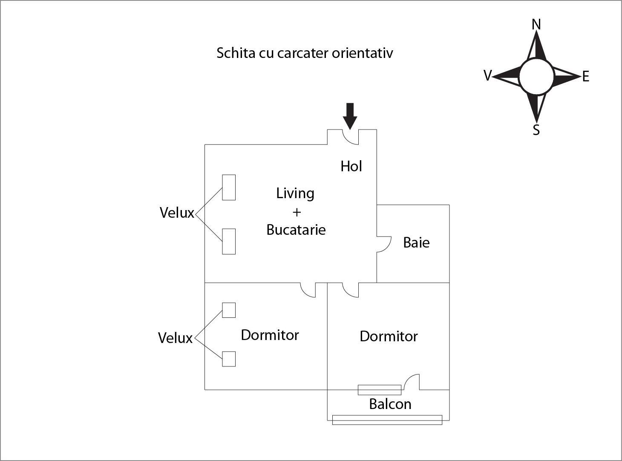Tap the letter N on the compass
pyautogui.click(x=536, y=25)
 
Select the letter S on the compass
pyautogui.click(x=536, y=130)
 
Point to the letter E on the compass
pyautogui.click(x=585, y=77)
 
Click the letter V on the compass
pyautogui.click(x=487, y=75)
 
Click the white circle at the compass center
pyautogui.click(x=536, y=76)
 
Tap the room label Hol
pyautogui.click(x=351, y=166)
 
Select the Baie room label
pyautogui.click(x=416, y=243)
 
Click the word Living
pyautogui.click(x=295, y=193)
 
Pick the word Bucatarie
pyautogui.click(x=296, y=230)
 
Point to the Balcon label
pyautogui.click(x=390, y=404)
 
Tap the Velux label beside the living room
pyautogui.click(x=177, y=213)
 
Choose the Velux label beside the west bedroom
pyautogui.click(x=175, y=338)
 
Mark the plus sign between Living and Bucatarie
pyautogui.click(x=297, y=212)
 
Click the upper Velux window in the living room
pyautogui.click(x=229, y=187)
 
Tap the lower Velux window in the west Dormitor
pyautogui.click(x=229, y=359)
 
